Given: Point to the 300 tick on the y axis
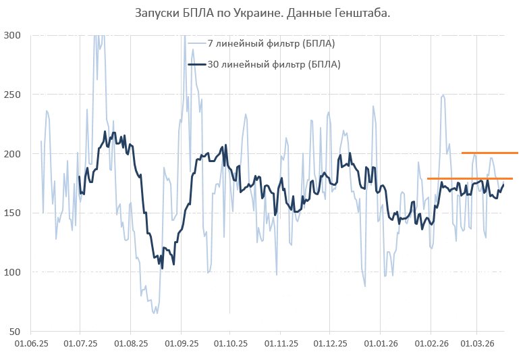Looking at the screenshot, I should click(12, 35).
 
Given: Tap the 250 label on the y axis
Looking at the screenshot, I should click(12, 95).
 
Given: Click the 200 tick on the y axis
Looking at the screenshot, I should click(12, 154).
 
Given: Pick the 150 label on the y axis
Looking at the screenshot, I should click(12, 213).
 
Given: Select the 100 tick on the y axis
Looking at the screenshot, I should click(12, 272).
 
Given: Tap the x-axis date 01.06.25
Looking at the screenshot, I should click(31, 343).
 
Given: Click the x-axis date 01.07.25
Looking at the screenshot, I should click(80, 343).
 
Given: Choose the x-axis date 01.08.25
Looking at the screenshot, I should click(131, 343).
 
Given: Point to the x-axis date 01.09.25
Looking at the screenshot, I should click(181, 343).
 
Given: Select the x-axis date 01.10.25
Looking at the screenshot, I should click(230, 343).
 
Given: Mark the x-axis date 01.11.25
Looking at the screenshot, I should click(280, 343).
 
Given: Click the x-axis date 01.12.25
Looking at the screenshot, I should click(329, 343).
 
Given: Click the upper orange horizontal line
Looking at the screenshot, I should click(489, 153).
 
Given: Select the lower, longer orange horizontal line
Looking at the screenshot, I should click(470, 179).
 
